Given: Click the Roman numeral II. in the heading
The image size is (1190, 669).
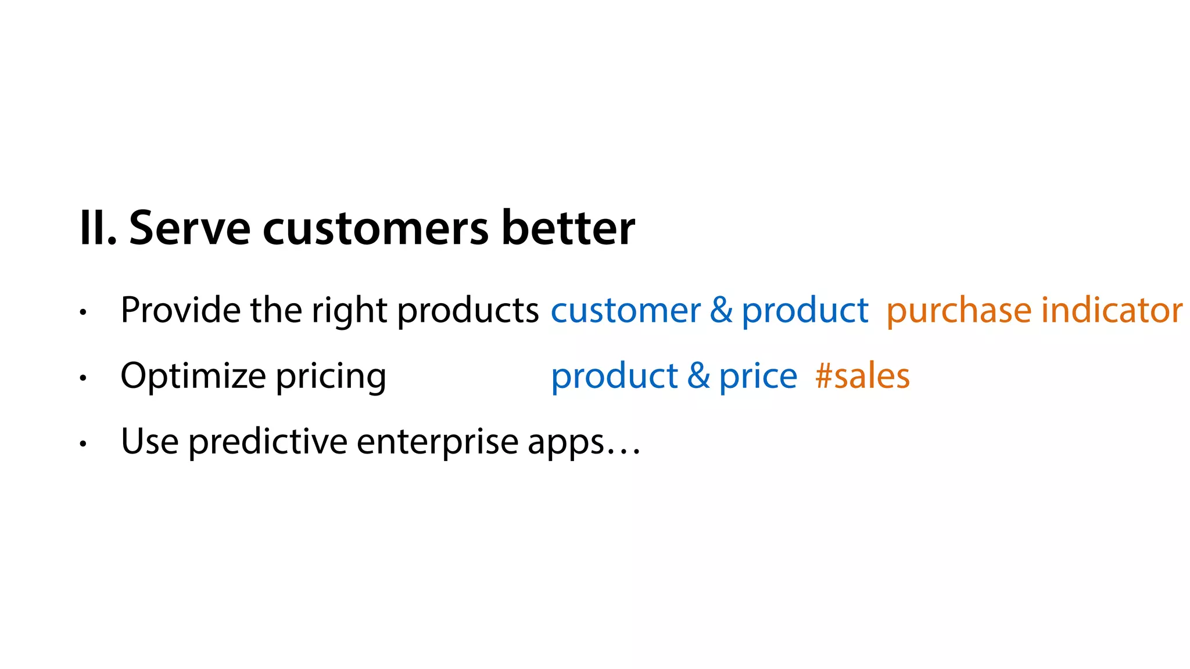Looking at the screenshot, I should click(98, 228).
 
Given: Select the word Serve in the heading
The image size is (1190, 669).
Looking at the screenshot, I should click(189, 228).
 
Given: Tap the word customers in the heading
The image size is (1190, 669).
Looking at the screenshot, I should click(375, 228).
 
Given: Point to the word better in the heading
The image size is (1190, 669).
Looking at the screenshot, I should click(568, 228).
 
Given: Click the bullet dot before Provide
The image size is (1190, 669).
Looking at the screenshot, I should click(83, 312).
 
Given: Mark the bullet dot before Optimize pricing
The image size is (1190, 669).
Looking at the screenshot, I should click(83, 378).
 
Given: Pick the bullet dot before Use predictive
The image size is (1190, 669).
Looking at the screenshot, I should click(83, 444).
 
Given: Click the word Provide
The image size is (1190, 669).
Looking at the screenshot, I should click(180, 310).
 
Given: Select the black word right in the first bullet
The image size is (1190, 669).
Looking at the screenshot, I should click(349, 311).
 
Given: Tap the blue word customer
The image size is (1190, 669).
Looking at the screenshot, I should click(625, 311).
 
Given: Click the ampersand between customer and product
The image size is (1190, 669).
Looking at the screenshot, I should click(721, 310).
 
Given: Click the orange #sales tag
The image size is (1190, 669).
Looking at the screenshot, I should click(862, 376).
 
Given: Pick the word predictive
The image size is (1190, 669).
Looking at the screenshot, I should click(268, 443).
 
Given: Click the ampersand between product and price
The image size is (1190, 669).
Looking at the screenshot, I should click(698, 376).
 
